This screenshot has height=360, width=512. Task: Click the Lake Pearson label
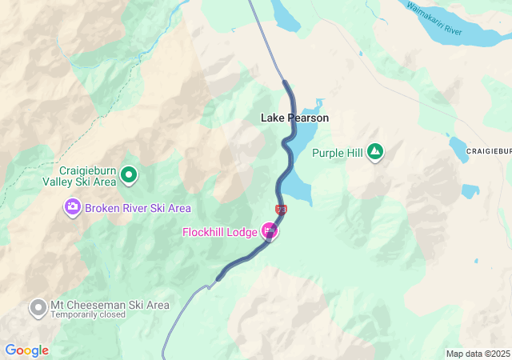(x=294, y=118)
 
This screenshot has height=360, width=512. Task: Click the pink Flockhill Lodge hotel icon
(x=270, y=232)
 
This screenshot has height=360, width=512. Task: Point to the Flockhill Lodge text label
(x=219, y=232)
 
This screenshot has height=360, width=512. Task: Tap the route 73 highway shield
(x=280, y=210)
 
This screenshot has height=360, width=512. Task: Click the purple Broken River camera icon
(x=73, y=208)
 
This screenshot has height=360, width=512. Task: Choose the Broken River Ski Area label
(x=138, y=208)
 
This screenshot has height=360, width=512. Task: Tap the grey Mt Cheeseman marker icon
(x=38, y=306)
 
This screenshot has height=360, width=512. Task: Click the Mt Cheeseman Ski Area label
(x=110, y=305)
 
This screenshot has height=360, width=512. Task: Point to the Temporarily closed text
(x=87, y=315)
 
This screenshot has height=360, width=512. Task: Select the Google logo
(x=26, y=350)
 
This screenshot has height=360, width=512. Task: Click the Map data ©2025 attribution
(x=477, y=354)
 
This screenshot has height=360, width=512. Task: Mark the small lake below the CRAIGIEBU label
(x=470, y=191)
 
